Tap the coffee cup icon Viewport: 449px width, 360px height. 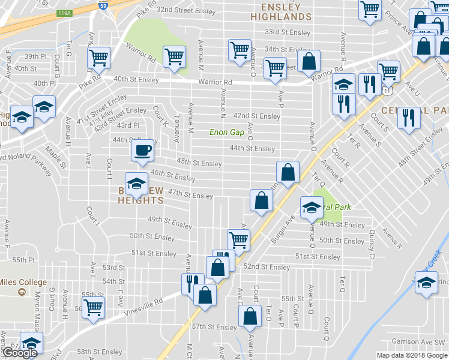click(x=142, y=150)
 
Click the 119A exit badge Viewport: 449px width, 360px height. click(x=64, y=12)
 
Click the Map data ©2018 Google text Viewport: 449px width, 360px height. click(x=411, y=355)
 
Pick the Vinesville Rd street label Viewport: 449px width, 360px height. click(x=143, y=305)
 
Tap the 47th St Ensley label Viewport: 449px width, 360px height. click(x=190, y=195)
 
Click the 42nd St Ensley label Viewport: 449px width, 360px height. click(x=257, y=116)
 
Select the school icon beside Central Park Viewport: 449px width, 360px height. click(x=311, y=208)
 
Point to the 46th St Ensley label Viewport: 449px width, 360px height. click(x=173, y=178)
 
